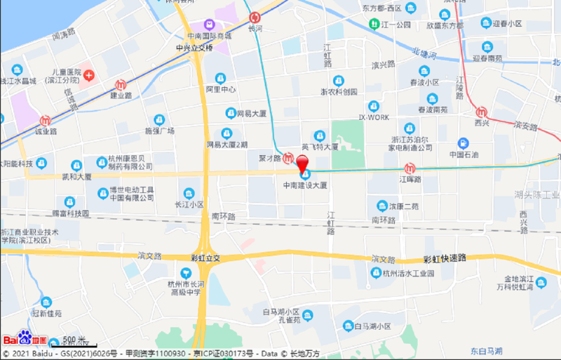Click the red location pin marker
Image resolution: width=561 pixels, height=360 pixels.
coord(304,165)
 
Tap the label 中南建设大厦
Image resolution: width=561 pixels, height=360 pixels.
coord(305,185)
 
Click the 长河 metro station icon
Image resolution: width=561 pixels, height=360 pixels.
coord(255,18)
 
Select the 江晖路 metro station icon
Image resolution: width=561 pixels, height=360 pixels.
coord(410,168)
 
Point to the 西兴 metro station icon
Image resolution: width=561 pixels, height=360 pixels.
coord(481,112)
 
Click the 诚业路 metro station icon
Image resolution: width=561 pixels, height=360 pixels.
coord(46,120)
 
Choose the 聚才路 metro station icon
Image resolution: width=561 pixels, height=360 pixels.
coord(288,158)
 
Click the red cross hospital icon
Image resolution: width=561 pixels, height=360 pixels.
coord(90,74)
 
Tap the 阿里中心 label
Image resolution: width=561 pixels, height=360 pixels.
coord(221,89)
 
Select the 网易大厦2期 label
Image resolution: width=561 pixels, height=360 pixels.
coord(227,145)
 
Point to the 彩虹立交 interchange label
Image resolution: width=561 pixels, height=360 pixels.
coord(205,258)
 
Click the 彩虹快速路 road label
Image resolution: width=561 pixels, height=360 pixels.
coord(445,258)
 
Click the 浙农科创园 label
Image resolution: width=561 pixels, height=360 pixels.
coord(339,91)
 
